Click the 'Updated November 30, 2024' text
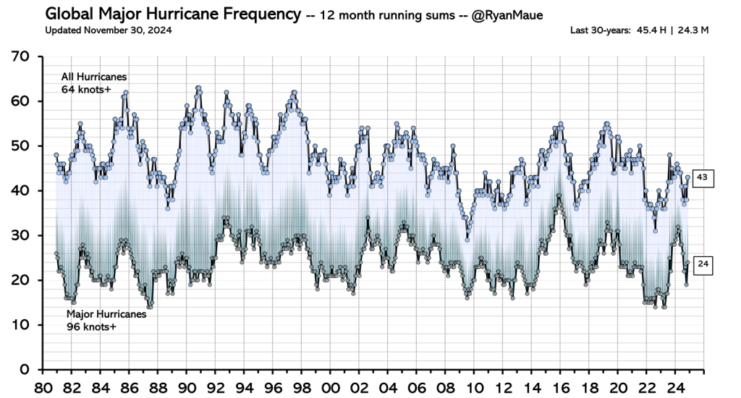(x=109, y=30)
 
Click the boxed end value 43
(x=703, y=177)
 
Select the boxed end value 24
(x=703, y=265)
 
